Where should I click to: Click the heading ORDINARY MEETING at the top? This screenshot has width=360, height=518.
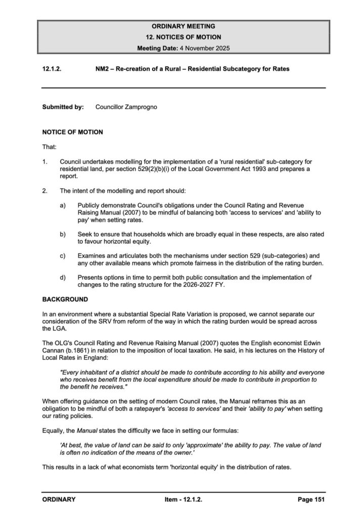184,26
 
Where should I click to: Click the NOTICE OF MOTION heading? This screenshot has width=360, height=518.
73,132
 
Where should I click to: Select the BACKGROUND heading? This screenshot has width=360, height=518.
64,299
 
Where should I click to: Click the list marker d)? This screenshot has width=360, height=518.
63,278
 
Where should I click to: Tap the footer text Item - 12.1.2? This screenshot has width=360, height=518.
184,499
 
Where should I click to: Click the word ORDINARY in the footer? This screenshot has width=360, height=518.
59,499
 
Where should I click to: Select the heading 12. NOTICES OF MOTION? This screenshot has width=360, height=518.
184,37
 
